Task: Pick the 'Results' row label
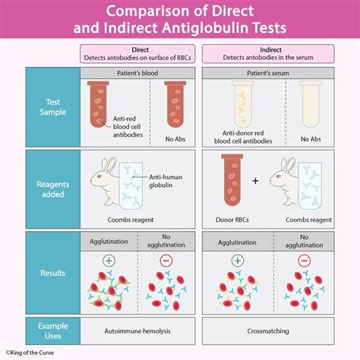(x=53, y=272)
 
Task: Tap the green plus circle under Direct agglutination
(x=109, y=259)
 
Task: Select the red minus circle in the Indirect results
(x=303, y=259)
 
